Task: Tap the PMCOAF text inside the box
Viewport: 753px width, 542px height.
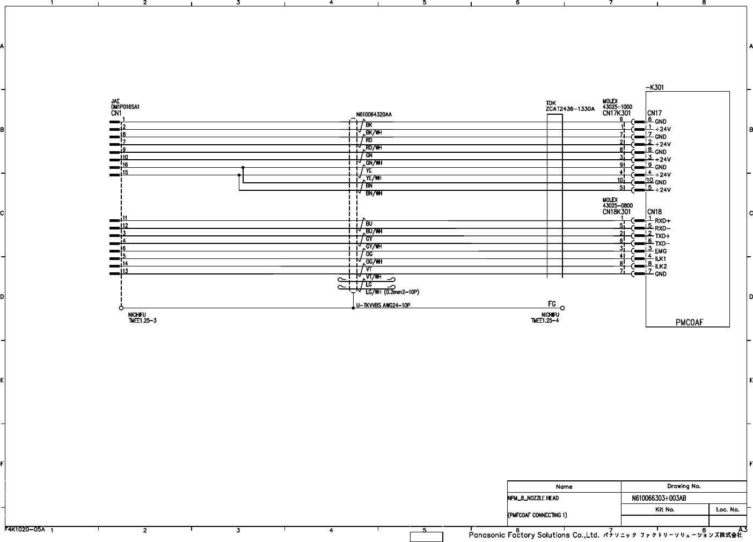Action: tap(689, 322)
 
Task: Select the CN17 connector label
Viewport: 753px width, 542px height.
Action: tap(654, 113)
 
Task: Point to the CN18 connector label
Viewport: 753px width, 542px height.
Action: tap(654, 212)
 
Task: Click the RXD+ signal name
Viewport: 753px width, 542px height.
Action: tap(662, 221)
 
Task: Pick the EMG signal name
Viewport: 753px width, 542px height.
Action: tap(661, 251)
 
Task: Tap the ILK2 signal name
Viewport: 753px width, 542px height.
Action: tap(661, 266)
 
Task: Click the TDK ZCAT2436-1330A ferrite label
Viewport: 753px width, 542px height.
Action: tap(570, 106)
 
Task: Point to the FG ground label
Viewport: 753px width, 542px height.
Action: tap(552, 303)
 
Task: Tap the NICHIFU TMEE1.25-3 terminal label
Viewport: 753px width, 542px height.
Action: tap(142, 318)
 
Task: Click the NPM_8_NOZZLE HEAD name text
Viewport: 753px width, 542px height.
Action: tap(533, 498)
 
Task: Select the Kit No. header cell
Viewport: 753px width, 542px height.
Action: tap(664, 509)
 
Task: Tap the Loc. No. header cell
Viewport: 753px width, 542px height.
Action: tap(727, 509)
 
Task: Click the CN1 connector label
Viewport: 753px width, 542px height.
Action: tap(116, 113)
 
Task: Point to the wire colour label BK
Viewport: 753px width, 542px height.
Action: tap(369, 125)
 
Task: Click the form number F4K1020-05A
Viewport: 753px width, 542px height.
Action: tap(25, 529)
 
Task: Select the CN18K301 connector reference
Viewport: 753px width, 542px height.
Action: tap(616, 212)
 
